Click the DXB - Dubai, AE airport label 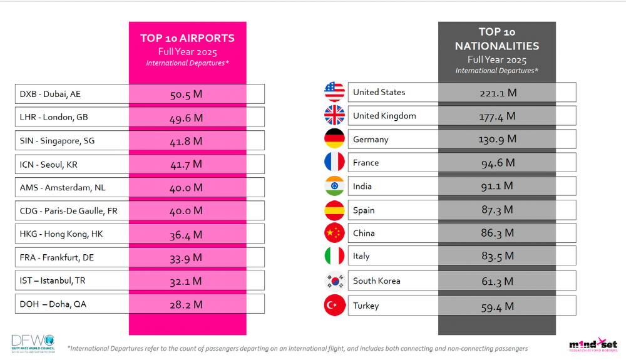coord(50,94)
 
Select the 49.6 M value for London coord(187,118)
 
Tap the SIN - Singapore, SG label coord(57,141)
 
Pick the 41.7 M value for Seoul coord(187,164)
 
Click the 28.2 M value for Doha coord(187,304)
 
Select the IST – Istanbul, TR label coord(53,280)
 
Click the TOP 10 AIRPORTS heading coord(187,38)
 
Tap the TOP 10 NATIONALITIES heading coord(496,39)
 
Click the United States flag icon coord(334,92)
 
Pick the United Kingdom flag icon coord(334,115)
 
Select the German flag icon coord(334,139)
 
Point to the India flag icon coord(334,186)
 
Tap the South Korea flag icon coord(334,281)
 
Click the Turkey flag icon coord(334,306)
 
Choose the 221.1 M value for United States coord(498,93)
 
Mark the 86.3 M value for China coord(498,233)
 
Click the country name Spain coord(364,210)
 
